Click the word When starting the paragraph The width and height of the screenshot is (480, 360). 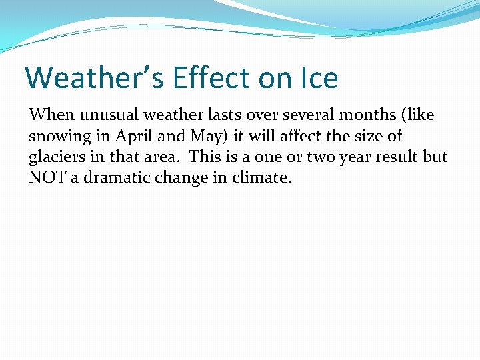coord(47,115)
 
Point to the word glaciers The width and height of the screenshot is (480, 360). coord(55,157)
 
